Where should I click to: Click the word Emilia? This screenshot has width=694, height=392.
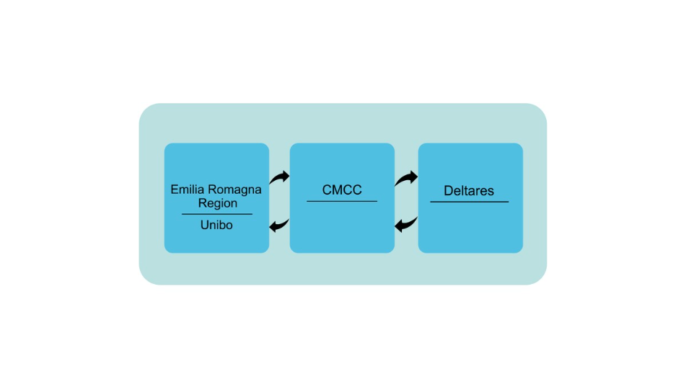coord(188,190)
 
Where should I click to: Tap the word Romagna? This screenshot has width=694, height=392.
coord(234,190)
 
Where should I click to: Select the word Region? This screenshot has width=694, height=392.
coord(217,203)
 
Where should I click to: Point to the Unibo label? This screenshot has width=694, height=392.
coord(216,225)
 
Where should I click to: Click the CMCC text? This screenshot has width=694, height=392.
coord(342,190)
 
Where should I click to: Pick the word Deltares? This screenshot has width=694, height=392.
coord(469,190)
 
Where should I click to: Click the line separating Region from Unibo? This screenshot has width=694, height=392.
coord(217,214)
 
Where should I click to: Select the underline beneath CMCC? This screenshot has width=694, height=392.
coord(342,202)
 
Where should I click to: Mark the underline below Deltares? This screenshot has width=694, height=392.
coord(469,202)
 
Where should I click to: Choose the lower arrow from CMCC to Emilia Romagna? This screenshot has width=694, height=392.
coord(279,226)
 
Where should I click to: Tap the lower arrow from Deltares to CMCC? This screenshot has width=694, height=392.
coord(406,225)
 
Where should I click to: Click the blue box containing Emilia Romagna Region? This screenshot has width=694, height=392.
coord(216,198)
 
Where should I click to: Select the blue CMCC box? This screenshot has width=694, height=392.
coord(342,198)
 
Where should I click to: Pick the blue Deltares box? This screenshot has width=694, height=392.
coord(470,198)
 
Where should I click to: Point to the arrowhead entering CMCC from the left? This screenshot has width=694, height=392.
coord(286,177)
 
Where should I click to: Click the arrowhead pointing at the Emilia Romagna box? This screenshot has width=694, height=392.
coord(273,226)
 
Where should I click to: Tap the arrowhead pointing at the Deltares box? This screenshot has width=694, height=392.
coord(413,177)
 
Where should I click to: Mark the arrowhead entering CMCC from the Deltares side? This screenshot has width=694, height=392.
coord(399,226)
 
